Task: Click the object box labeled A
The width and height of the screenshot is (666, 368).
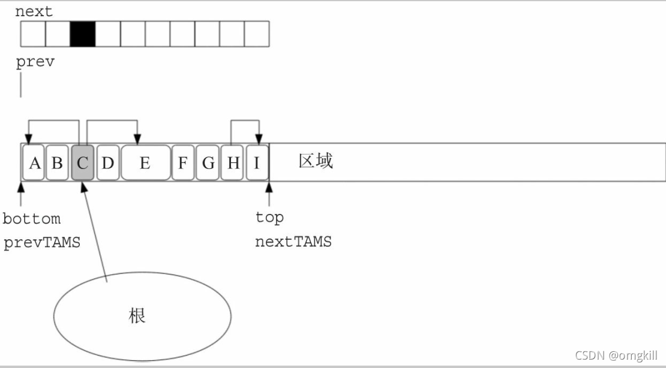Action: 34,162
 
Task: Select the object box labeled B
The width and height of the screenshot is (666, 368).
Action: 58,162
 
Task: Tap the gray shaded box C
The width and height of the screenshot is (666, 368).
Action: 82,162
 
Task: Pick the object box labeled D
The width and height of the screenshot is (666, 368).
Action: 107,162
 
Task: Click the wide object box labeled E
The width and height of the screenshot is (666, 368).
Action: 146,162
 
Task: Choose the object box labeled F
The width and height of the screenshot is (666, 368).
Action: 183,162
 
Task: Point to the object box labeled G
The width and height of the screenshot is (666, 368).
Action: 208,162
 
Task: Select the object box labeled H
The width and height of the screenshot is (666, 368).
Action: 232,162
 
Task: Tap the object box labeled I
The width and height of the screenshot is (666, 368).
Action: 257,162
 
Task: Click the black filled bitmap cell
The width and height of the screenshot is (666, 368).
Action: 83,34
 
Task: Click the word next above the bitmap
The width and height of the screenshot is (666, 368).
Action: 34,11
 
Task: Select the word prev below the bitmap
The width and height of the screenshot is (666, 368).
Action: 35,62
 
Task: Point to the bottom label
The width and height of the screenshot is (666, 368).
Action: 31,219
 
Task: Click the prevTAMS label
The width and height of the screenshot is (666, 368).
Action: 41,243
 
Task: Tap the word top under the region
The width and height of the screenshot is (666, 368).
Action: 269,218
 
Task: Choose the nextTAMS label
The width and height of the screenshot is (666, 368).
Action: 293,242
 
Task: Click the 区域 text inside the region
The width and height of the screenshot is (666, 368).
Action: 316,161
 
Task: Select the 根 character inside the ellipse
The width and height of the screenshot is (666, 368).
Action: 137,316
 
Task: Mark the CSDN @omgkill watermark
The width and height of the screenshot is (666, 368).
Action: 616,356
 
